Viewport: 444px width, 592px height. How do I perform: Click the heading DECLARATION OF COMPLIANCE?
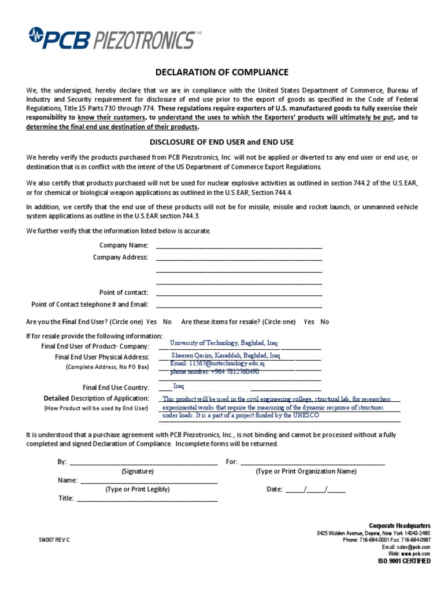(x=222, y=72)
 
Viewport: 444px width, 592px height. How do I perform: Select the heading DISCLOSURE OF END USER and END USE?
(x=222, y=143)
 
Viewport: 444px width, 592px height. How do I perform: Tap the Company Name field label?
(x=124, y=246)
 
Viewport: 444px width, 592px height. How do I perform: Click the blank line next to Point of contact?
(x=239, y=293)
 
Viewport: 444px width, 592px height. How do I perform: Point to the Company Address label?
(x=120, y=257)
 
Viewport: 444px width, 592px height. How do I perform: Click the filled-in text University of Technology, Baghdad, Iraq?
(x=224, y=343)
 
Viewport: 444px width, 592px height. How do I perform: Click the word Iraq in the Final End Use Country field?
(x=179, y=386)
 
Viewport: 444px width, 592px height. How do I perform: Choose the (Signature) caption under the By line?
(x=137, y=471)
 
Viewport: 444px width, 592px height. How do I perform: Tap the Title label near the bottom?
(x=66, y=498)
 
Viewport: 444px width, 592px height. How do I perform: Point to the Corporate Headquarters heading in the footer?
(x=400, y=525)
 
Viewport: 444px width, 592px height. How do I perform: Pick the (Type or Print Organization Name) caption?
(x=306, y=471)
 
